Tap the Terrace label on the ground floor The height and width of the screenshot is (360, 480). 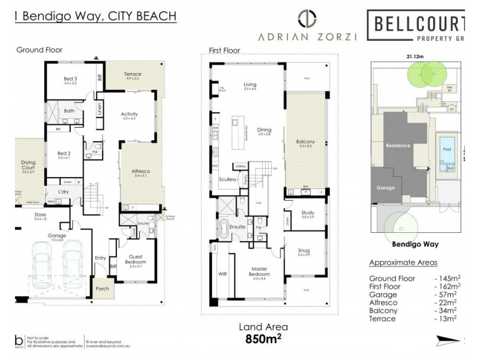[x=133, y=74]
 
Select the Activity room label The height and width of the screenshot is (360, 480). [x=130, y=114]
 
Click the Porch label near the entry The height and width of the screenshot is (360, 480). [x=103, y=289]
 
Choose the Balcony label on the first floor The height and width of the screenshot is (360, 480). [x=305, y=142]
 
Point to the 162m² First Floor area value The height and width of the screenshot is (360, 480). [x=447, y=287]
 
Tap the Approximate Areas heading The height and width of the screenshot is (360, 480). [x=403, y=263]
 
